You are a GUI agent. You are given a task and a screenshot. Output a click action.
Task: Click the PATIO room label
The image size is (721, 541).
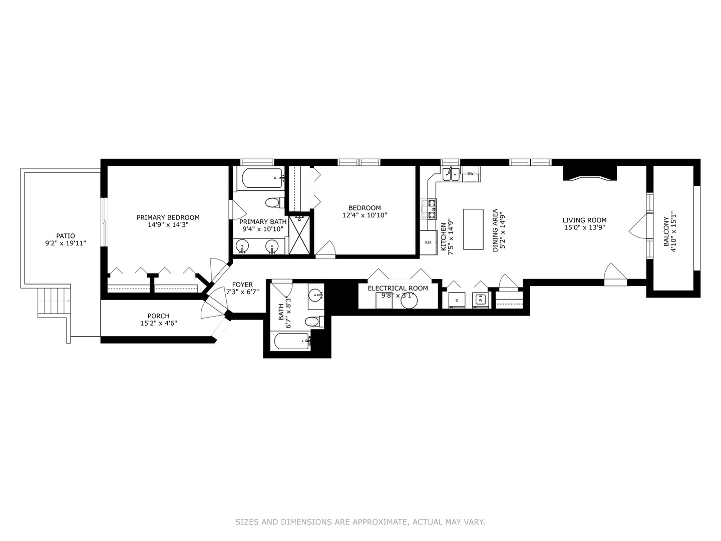[x=66, y=236]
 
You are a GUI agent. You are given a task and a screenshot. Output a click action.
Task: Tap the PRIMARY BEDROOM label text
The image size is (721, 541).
[x=168, y=217]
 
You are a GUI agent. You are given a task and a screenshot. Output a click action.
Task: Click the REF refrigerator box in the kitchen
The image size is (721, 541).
[x=428, y=242]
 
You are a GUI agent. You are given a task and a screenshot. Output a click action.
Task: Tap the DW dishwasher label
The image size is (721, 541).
[x=470, y=174]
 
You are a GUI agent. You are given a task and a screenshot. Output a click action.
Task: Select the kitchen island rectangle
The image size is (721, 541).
[x=473, y=229]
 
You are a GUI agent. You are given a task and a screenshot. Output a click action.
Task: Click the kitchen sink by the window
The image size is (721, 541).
[x=451, y=174]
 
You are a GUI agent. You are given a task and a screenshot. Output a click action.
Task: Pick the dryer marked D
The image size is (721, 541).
[x=456, y=300]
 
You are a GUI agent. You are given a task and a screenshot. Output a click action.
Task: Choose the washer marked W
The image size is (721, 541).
[x=480, y=300]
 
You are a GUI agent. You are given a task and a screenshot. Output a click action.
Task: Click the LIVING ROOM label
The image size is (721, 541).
[x=584, y=220]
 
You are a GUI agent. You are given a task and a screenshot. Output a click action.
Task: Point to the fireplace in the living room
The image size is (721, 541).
[x=590, y=173]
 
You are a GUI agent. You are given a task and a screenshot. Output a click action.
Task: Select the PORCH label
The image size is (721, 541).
[x=158, y=316]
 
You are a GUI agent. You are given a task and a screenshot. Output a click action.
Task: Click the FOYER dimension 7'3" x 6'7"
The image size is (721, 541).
[x=242, y=292]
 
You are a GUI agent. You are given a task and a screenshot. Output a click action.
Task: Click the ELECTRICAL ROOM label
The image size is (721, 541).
[x=398, y=288]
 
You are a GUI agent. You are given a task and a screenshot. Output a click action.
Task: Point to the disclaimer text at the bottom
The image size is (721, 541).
[x=360, y=522]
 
